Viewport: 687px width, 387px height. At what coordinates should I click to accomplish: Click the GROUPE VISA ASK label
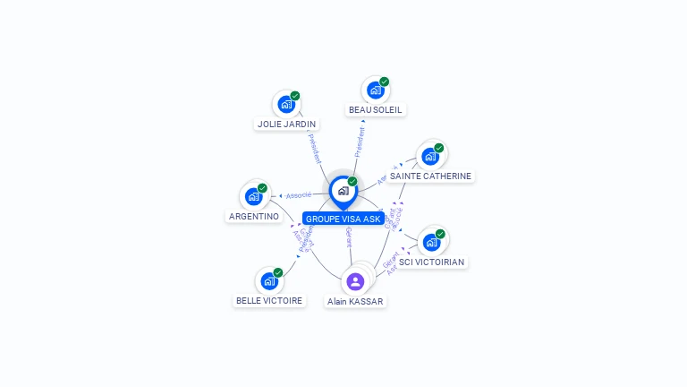(x=343, y=219)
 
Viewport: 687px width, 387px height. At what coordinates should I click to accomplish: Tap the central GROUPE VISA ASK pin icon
(x=343, y=191)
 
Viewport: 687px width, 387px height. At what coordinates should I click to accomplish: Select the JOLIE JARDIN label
(x=286, y=125)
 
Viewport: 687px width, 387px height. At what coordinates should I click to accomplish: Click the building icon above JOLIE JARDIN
(x=286, y=104)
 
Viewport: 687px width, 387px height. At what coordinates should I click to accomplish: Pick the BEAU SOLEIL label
(x=376, y=110)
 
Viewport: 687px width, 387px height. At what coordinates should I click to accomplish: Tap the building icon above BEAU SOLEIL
(x=376, y=90)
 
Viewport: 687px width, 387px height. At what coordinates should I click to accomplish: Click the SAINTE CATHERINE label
(x=430, y=176)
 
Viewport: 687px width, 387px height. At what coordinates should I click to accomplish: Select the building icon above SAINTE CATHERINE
(x=430, y=156)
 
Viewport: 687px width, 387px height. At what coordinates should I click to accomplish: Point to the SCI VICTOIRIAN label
(x=432, y=262)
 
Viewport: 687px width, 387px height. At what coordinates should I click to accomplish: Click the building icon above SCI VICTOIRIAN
(x=432, y=242)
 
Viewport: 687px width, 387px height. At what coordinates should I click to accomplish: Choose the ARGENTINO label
(x=254, y=217)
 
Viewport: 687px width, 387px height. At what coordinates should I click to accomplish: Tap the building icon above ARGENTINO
(x=254, y=196)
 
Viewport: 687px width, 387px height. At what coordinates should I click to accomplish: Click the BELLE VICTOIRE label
(x=269, y=301)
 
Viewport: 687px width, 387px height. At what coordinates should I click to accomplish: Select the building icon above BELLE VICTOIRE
(x=269, y=280)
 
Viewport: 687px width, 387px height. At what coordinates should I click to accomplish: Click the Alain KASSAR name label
(x=355, y=302)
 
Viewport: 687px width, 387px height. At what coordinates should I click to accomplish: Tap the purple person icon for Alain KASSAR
(x=355, y=281)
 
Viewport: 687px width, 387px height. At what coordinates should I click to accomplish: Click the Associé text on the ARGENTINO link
(x=299, y=194)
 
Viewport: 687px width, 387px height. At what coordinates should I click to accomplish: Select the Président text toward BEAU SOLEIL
(x=360, y=141)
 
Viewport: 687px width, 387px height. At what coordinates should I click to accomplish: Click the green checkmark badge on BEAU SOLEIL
(x=385, y=82)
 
